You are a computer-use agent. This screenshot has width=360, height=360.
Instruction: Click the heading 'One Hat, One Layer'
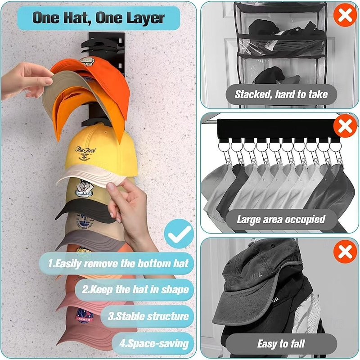click(x=99, y=18)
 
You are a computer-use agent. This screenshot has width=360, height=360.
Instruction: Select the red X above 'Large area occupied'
click(x=345, y=126)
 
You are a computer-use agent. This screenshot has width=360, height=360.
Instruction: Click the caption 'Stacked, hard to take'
click(x=281, y=94)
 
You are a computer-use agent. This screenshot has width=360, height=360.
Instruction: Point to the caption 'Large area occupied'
click(x=281, y=220)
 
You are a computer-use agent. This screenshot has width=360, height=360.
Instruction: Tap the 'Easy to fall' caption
click(x=281, y=344)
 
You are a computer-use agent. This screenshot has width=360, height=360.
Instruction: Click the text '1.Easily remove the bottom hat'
click(x=118, y=263)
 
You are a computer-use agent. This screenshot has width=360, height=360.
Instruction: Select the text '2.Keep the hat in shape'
click(x=135, y=289)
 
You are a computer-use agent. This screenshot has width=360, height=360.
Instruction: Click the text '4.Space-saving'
click(x=154, y=344)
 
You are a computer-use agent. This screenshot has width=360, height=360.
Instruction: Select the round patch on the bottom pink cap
click(x=84, y=314)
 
